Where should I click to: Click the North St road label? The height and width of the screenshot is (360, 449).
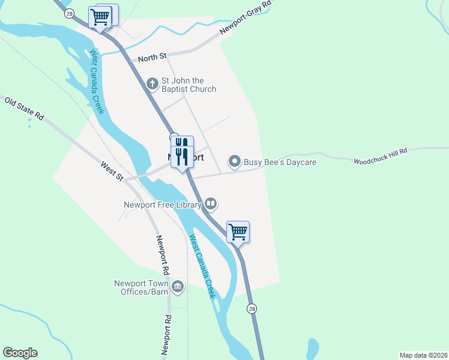click(152, 58)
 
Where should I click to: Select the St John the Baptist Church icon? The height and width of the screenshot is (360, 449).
click(152, 82)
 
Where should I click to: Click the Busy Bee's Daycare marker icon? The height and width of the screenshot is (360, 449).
click(234, 161)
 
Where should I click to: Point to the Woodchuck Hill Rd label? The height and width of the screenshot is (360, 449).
click(380, 157)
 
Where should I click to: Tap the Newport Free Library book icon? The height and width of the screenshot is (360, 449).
click(211, 204)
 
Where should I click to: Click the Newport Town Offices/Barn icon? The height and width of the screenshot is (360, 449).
click(177, 287)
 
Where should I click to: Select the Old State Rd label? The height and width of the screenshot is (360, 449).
click(25, 109)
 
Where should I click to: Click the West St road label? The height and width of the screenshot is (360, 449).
click(112, 172)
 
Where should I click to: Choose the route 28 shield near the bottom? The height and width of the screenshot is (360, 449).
click(252, 308)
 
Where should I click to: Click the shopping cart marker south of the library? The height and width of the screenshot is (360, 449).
click(238, 231)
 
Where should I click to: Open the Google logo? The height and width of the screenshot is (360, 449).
click(20, 353)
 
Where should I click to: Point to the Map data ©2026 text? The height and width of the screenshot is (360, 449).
click(423, 355)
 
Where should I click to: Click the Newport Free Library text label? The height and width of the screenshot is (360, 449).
click(162, 204)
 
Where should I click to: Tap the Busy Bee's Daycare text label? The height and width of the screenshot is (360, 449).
click(280, 162)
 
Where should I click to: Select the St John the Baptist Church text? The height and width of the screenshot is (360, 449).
click(188, 85)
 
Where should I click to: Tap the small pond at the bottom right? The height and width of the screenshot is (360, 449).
click(312, 349)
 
